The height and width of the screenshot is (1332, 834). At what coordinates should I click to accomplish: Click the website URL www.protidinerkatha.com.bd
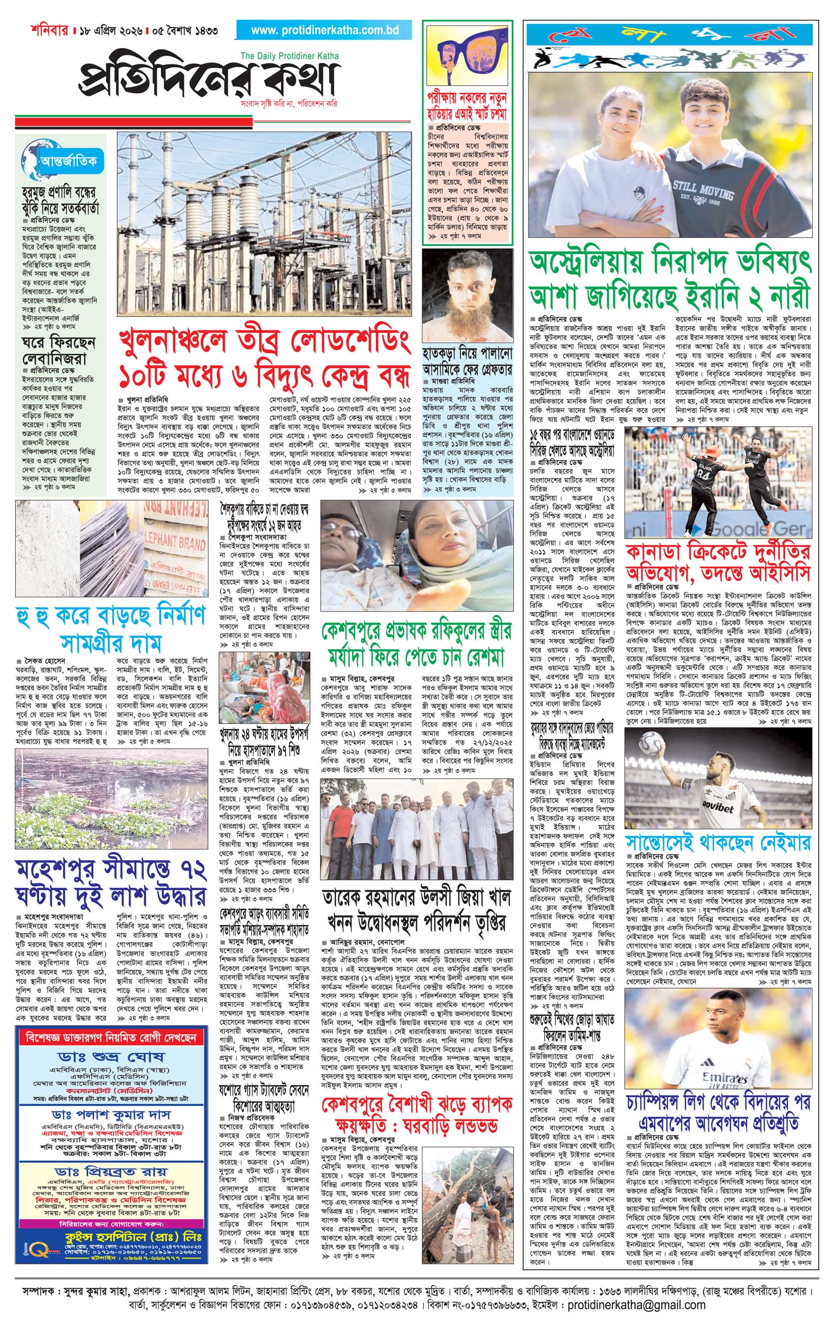[x=324, y=30]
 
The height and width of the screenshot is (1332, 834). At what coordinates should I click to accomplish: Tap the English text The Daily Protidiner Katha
[x=289, y=56]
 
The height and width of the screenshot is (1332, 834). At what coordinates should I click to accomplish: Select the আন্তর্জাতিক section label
[x=68, y=161]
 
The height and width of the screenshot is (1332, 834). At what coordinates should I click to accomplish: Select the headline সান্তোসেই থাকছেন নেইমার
[x=718, y=844]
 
